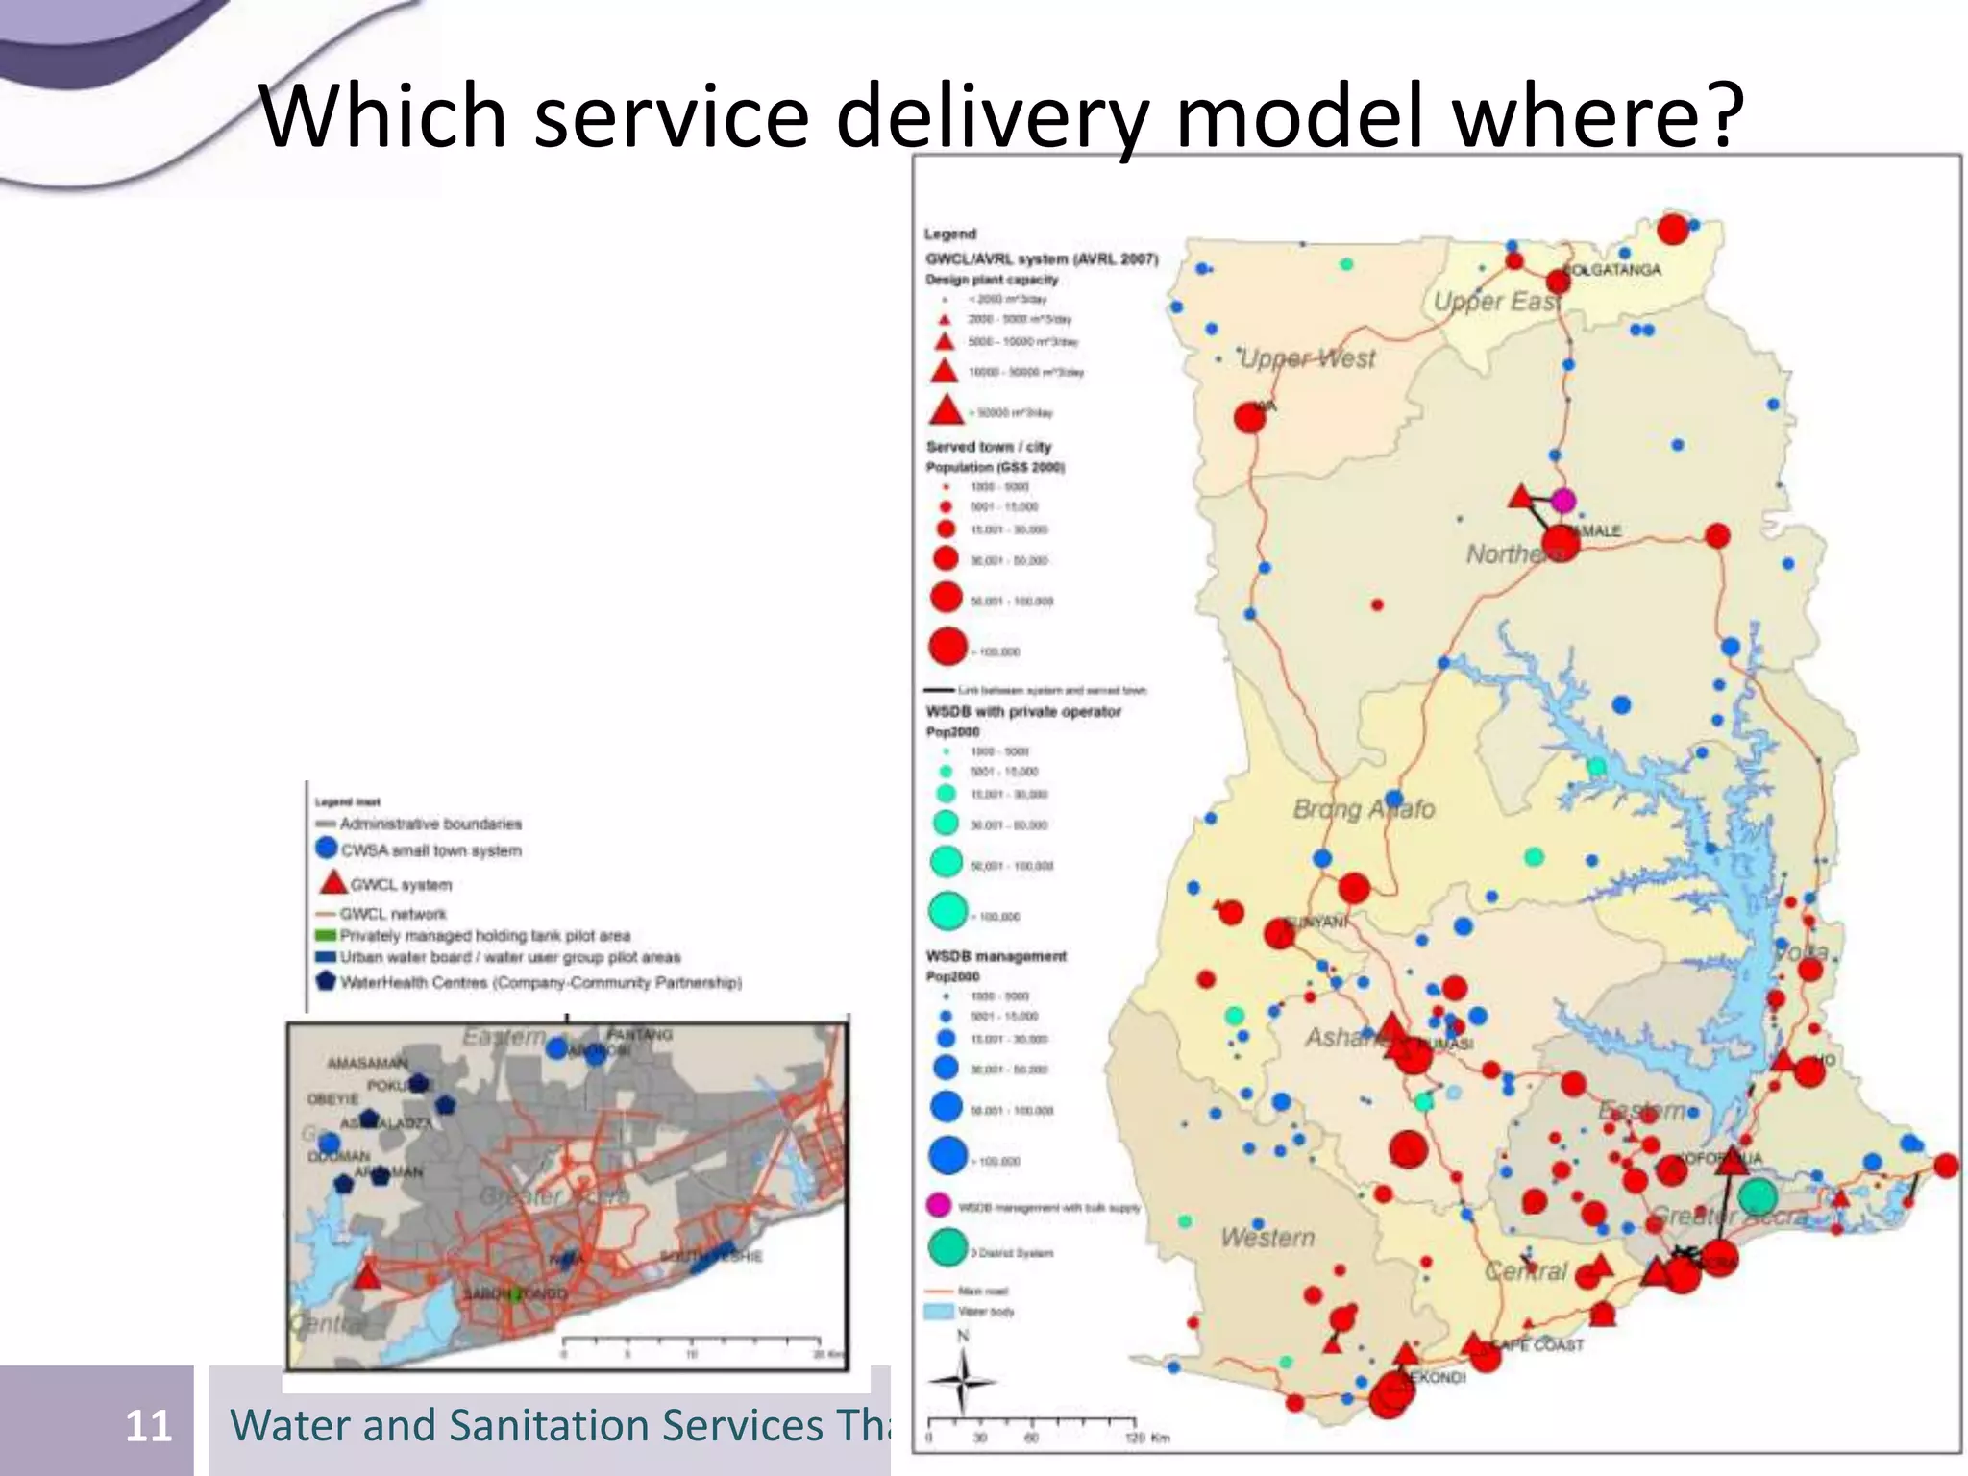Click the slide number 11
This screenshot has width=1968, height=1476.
click(148, 1425)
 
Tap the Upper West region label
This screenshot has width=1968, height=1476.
click(1307, 358)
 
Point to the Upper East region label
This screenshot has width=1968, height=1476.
click(1495, 301)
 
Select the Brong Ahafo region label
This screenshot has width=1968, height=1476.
click(1363, 809)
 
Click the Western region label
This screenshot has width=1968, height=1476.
click(1267, 1237)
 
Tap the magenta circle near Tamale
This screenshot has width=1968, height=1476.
click(1563, 500)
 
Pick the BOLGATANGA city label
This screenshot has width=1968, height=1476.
click(1614, 269)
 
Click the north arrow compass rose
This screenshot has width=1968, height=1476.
click(962, 1380)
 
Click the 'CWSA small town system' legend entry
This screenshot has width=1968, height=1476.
click(430, 850)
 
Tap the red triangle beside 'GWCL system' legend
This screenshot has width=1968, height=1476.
click(332, 882)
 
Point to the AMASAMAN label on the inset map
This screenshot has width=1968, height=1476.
click(367, 1063)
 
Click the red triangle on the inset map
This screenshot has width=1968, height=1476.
click(367, 1275)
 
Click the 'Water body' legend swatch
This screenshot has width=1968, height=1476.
click(939, 1311)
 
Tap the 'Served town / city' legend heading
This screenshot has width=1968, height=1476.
click(988, 447)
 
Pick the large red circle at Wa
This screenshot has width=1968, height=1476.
click(1249, 418)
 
